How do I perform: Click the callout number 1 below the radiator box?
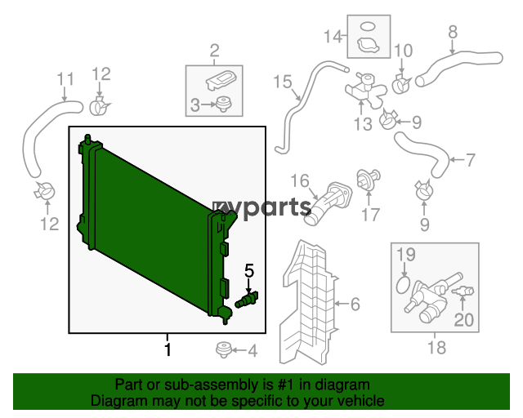[168, 349]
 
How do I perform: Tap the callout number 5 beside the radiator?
[249, 270]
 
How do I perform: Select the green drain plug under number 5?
[247, 300]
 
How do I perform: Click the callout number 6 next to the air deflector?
[355, 304]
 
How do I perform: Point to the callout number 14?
[333, 36]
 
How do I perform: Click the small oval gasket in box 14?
[369, 26]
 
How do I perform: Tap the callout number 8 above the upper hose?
[453, 32]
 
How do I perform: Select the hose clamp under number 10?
[401, 84]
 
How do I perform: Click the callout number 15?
[283, 82]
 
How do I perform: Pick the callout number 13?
[363, 124]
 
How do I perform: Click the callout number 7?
[470, 160]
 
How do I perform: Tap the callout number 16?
[300, 180]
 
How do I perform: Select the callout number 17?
[370, 215]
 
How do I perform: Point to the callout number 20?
[463, 320]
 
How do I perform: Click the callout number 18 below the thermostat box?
[437, 348]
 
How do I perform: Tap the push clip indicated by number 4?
[223, 350]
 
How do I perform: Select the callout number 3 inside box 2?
[194, 104]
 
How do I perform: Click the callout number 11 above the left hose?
[65, 79]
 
